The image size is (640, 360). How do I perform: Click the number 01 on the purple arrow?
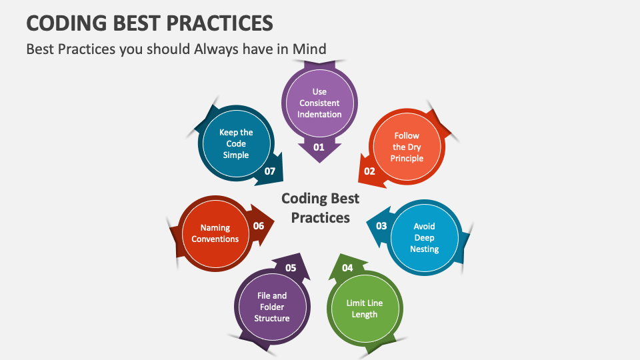coord(319,147)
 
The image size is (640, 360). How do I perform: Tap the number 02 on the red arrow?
coord(369,171)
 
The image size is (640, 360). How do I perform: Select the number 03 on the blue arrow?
coord(381,226)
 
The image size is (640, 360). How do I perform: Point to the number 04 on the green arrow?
coord(347,268)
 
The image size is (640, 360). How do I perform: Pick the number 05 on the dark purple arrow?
coord(291,268)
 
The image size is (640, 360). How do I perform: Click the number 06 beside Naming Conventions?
coord(259,226)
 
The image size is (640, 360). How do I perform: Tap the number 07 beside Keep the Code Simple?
coord(270,171)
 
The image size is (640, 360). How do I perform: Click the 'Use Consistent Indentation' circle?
coord(319,103)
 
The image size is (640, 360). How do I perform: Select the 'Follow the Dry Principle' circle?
coord(407,147)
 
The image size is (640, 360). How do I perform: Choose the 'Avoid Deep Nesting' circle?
coord(425,237)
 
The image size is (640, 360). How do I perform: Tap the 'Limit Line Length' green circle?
coord(365,309)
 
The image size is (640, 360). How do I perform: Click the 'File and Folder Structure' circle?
coord(272,307)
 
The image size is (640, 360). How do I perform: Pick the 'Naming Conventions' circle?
coord(215,233)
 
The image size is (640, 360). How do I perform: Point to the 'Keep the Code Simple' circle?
coord(236,143)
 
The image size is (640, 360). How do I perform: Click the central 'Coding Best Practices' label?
coord(321,208)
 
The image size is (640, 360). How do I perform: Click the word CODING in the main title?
coord(67,23)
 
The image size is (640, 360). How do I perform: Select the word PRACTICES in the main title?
coord(219,23)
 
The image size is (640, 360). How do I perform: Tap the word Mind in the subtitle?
coord(309,49)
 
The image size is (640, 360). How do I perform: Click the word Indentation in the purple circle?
coord(319,114)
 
